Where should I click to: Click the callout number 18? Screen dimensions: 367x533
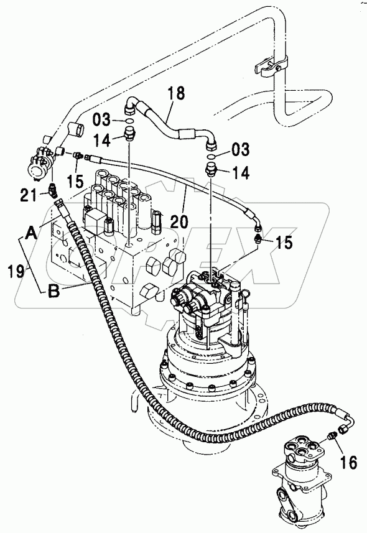click(175, 93)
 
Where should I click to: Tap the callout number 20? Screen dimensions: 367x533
click(179, 221)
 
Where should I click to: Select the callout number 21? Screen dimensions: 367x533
click(29, 195)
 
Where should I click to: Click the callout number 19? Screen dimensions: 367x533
click(16, 271)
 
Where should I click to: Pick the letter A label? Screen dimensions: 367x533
click(31, 233)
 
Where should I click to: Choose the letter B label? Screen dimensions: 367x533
click(54, 291)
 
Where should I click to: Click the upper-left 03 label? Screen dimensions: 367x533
click(101, 119)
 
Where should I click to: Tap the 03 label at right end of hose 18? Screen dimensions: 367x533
click(240, 149)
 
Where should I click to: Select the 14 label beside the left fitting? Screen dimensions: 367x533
click(102, 140)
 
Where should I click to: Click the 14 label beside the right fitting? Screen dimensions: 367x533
click(241, 172)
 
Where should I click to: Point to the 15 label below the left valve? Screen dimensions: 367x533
click(75, 181)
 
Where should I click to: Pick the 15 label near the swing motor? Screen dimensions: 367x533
click(283, 243)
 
